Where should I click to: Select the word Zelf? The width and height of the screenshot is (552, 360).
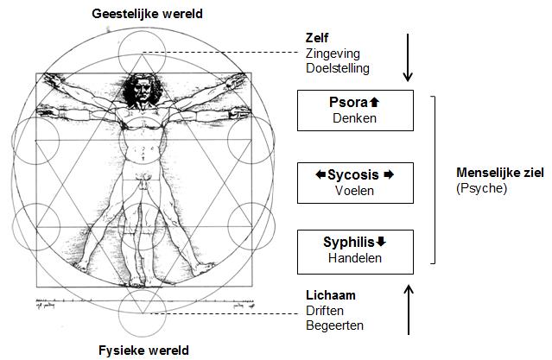point(316,39)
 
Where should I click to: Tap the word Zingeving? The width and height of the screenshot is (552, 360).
point(331,53)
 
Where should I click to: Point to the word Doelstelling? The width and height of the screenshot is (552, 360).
point(337,67)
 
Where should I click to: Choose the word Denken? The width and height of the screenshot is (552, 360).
point(351,118)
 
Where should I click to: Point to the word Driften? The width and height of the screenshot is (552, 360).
point(325,310)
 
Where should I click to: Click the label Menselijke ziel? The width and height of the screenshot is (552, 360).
point(499,173)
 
